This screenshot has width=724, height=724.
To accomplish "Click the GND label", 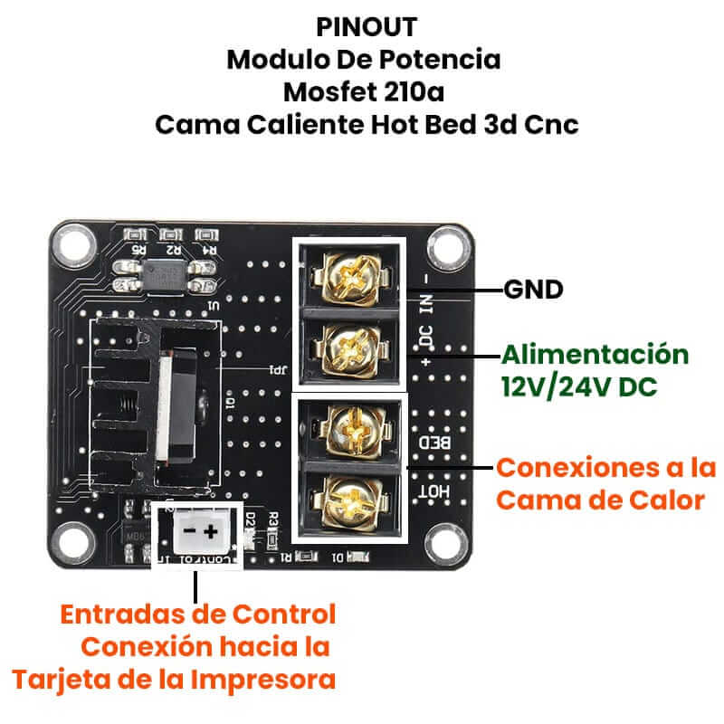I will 533,291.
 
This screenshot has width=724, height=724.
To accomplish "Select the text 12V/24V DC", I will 578,387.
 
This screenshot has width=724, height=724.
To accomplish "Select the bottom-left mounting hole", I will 73,543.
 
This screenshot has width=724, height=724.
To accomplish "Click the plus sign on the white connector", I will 210,530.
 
